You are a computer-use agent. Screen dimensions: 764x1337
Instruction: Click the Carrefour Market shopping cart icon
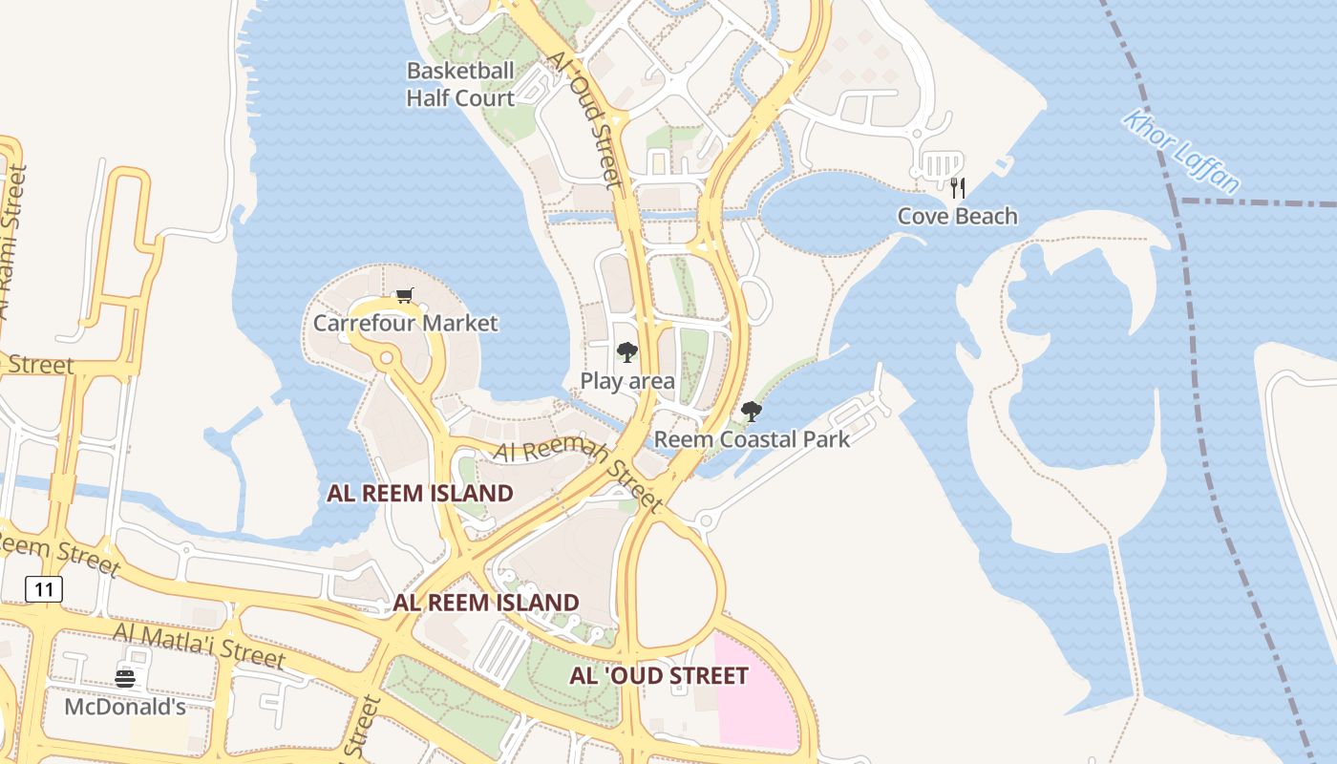405,296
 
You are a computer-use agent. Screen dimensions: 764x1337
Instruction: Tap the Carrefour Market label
406,323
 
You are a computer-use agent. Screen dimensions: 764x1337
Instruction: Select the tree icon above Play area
626,352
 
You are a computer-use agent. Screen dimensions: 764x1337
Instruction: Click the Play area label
627,381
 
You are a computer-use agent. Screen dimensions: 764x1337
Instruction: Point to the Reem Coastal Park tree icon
752,412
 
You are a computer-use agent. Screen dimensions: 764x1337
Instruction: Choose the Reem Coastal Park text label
752,439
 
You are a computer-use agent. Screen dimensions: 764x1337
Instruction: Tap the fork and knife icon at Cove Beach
958,188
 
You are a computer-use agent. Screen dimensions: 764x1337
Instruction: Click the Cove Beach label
957,216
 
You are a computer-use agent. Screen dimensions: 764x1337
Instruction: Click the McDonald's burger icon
125,679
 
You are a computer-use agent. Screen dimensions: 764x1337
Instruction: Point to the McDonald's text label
125,707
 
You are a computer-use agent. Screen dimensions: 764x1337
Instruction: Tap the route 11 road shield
44,589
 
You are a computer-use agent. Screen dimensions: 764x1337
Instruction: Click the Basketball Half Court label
460,84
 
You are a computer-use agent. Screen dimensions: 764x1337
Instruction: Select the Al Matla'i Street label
199,646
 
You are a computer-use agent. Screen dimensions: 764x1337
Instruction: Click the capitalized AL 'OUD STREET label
659,676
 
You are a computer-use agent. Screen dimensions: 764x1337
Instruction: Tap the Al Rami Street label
13,244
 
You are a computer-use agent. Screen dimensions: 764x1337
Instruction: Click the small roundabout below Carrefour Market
386,358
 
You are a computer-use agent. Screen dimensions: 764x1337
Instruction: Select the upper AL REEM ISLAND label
420,494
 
